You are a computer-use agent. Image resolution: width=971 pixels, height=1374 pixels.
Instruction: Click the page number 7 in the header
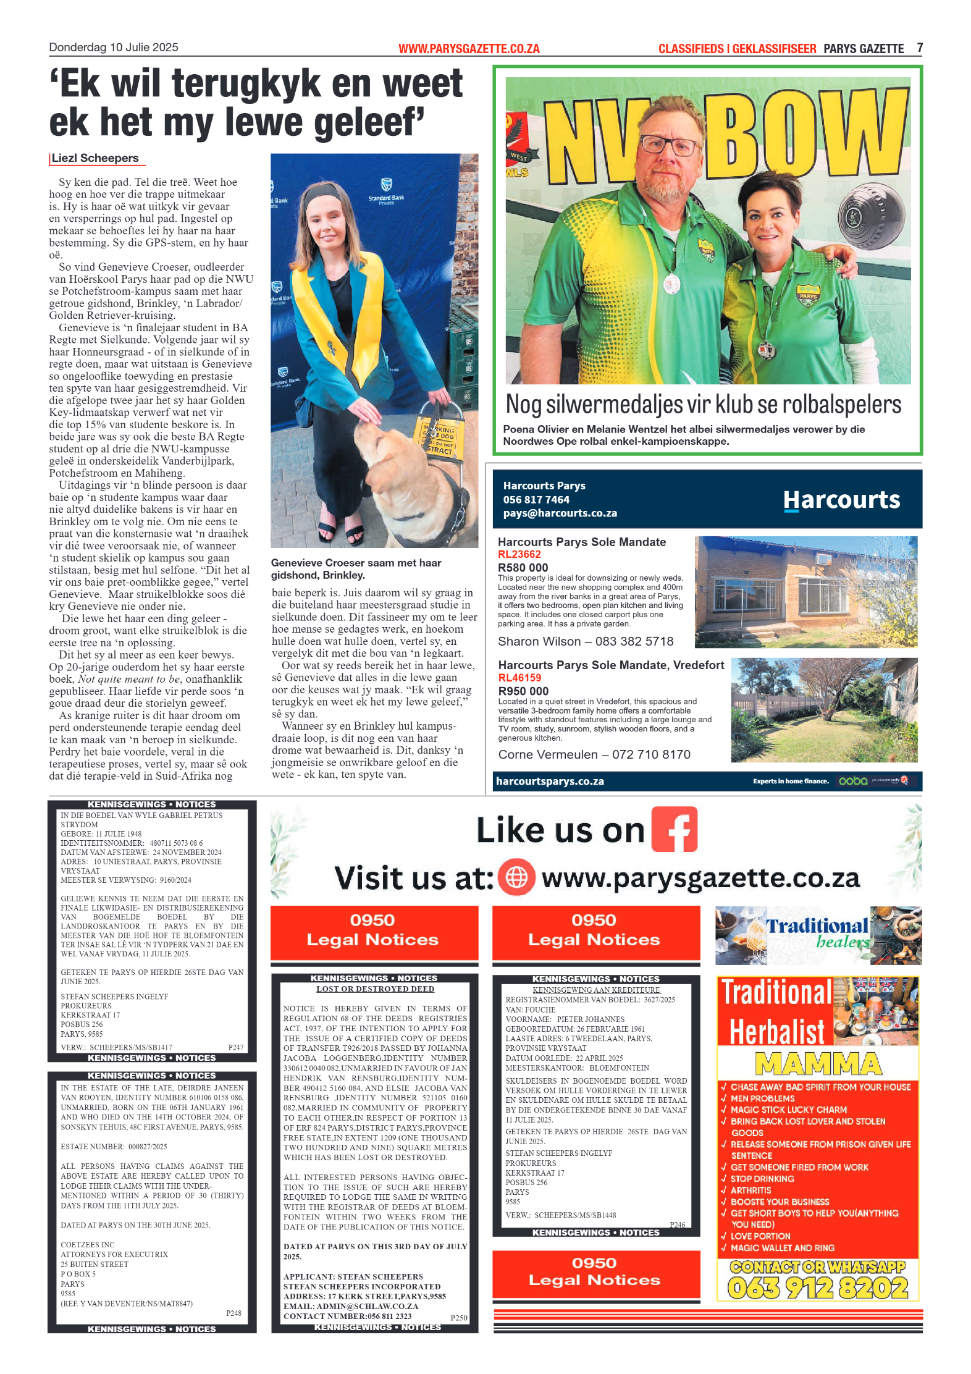pos(919,48)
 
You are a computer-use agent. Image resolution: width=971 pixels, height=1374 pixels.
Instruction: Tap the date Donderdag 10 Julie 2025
pos(114,48)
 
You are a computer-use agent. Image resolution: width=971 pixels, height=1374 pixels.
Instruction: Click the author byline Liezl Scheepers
pos(95,158)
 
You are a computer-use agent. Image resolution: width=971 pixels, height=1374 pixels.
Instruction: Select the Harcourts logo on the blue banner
pos(841,500)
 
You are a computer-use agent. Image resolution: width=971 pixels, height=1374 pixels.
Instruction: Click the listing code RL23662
pos(519,554)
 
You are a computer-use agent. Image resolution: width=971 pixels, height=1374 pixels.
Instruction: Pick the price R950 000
pos(523,691)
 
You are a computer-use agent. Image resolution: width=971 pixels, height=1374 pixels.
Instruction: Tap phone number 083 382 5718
pos(634,641)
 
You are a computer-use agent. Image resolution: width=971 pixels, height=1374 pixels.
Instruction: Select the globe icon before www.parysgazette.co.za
pos(516,877)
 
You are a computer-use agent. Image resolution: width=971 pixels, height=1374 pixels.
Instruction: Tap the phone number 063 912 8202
pos(818,1288)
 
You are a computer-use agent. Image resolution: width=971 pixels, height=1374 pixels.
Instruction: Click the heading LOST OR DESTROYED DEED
pos(375,988)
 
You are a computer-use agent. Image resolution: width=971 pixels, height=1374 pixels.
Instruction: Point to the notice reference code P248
pos(233,1313)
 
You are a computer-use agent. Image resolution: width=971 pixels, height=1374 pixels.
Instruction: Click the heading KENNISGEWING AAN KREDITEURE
pos(596,990)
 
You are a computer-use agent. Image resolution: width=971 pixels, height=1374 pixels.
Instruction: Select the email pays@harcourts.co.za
pos(560,513)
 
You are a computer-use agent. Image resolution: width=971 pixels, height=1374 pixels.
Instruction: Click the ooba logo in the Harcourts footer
pos(852,781)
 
